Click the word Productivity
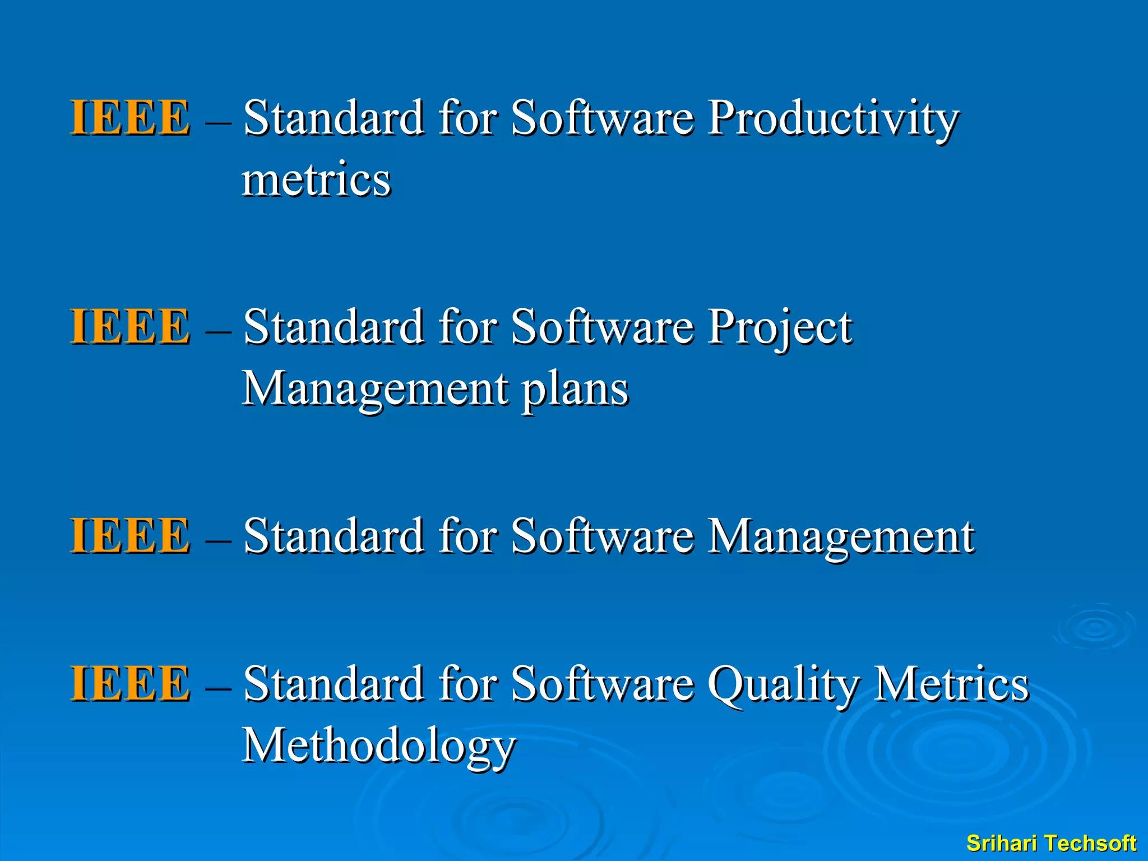pyautogui.click(x=833, y=119)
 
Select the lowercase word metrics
pyautogui.click(x=316, y=180)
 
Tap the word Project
pyautogui.click(x=779, y=328)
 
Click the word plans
pyautogui.click(x=575, y=390)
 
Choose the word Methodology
pyautogui.click(x=378, y=747)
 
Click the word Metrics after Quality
pyautogui.click(x=951, y=684)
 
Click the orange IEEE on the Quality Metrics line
pyautogui.click(x=129, y=684)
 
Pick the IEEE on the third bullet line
pyautogui.click(x=129, y=536)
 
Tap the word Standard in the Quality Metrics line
pyautogui.click(x=334, y=684)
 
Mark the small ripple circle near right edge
pyautogui.click(x=1095, y=628)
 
